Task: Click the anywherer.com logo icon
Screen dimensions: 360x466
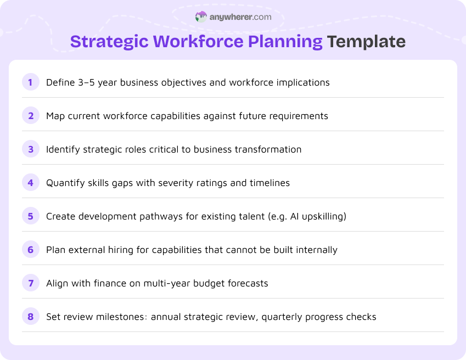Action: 201,17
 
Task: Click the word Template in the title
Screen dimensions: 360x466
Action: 366,42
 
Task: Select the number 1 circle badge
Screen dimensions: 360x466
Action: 31,82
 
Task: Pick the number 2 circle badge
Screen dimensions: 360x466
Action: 31,116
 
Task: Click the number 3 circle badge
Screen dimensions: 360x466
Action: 31,149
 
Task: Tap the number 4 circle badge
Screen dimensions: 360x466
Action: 31,183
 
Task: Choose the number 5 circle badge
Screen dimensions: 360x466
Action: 31,216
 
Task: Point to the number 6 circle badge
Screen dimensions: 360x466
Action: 31,250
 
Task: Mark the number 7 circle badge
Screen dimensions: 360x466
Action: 31,283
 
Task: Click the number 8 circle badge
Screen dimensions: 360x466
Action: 31,317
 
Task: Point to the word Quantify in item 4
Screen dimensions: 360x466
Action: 65,183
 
